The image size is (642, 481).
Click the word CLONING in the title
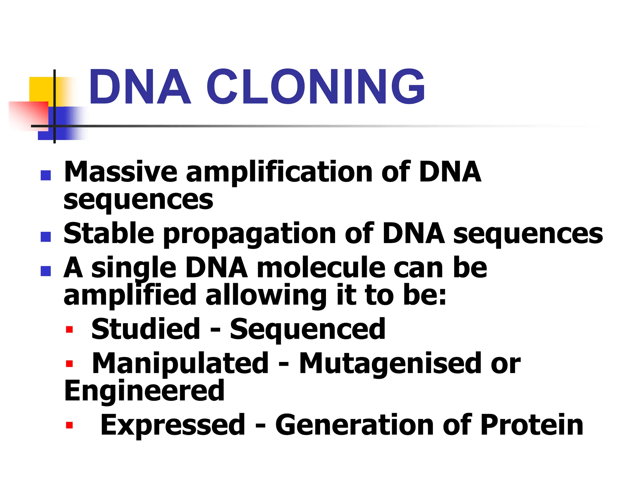[x=315, y=87]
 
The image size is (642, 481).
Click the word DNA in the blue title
[x=140, y=87]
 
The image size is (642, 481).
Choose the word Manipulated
[x=180, y=364]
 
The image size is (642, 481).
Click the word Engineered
[x=145, y=391]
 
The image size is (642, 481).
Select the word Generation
[x=355, y=425]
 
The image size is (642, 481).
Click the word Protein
[x=532, y=425]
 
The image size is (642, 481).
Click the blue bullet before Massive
[x=46, y=175]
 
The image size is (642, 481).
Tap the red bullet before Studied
[x=69, y=330]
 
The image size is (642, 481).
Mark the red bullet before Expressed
[x=69, y=425]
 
